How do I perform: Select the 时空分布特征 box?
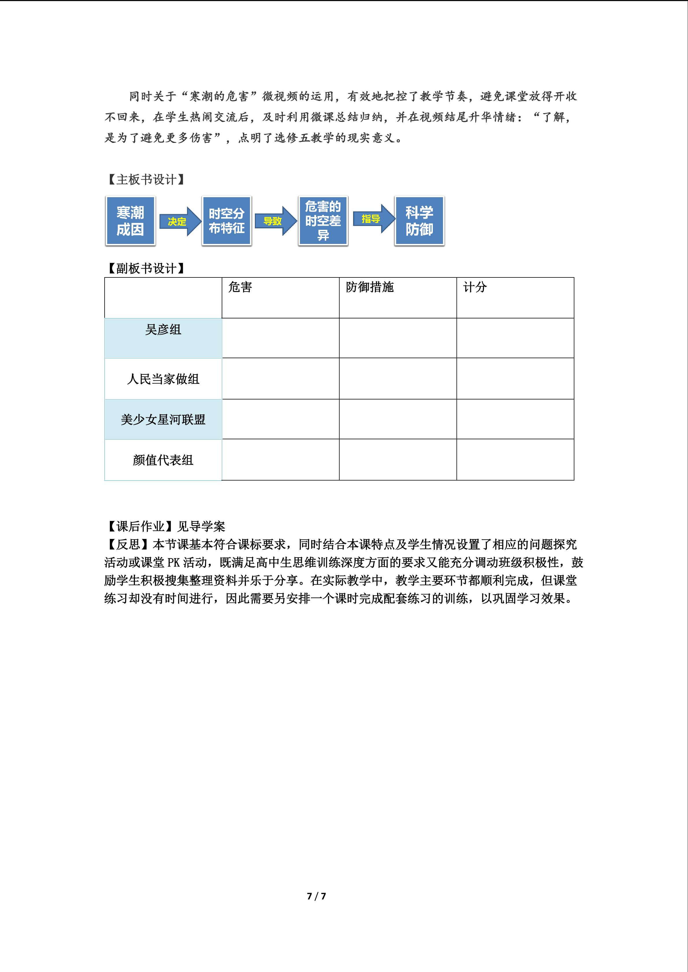226,221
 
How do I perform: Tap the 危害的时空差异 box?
323,221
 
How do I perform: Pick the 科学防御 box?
419,221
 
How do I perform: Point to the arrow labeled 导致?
274,221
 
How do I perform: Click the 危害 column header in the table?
240,288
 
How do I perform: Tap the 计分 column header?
475,288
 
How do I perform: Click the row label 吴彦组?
163,330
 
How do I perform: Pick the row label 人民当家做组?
163,379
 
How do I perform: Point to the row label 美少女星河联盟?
163,419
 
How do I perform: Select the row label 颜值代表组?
163,460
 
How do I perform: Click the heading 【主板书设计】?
146,180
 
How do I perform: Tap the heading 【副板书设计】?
146,268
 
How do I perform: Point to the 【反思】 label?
128,544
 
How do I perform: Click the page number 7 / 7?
316,896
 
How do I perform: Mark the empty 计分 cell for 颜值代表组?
515,460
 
